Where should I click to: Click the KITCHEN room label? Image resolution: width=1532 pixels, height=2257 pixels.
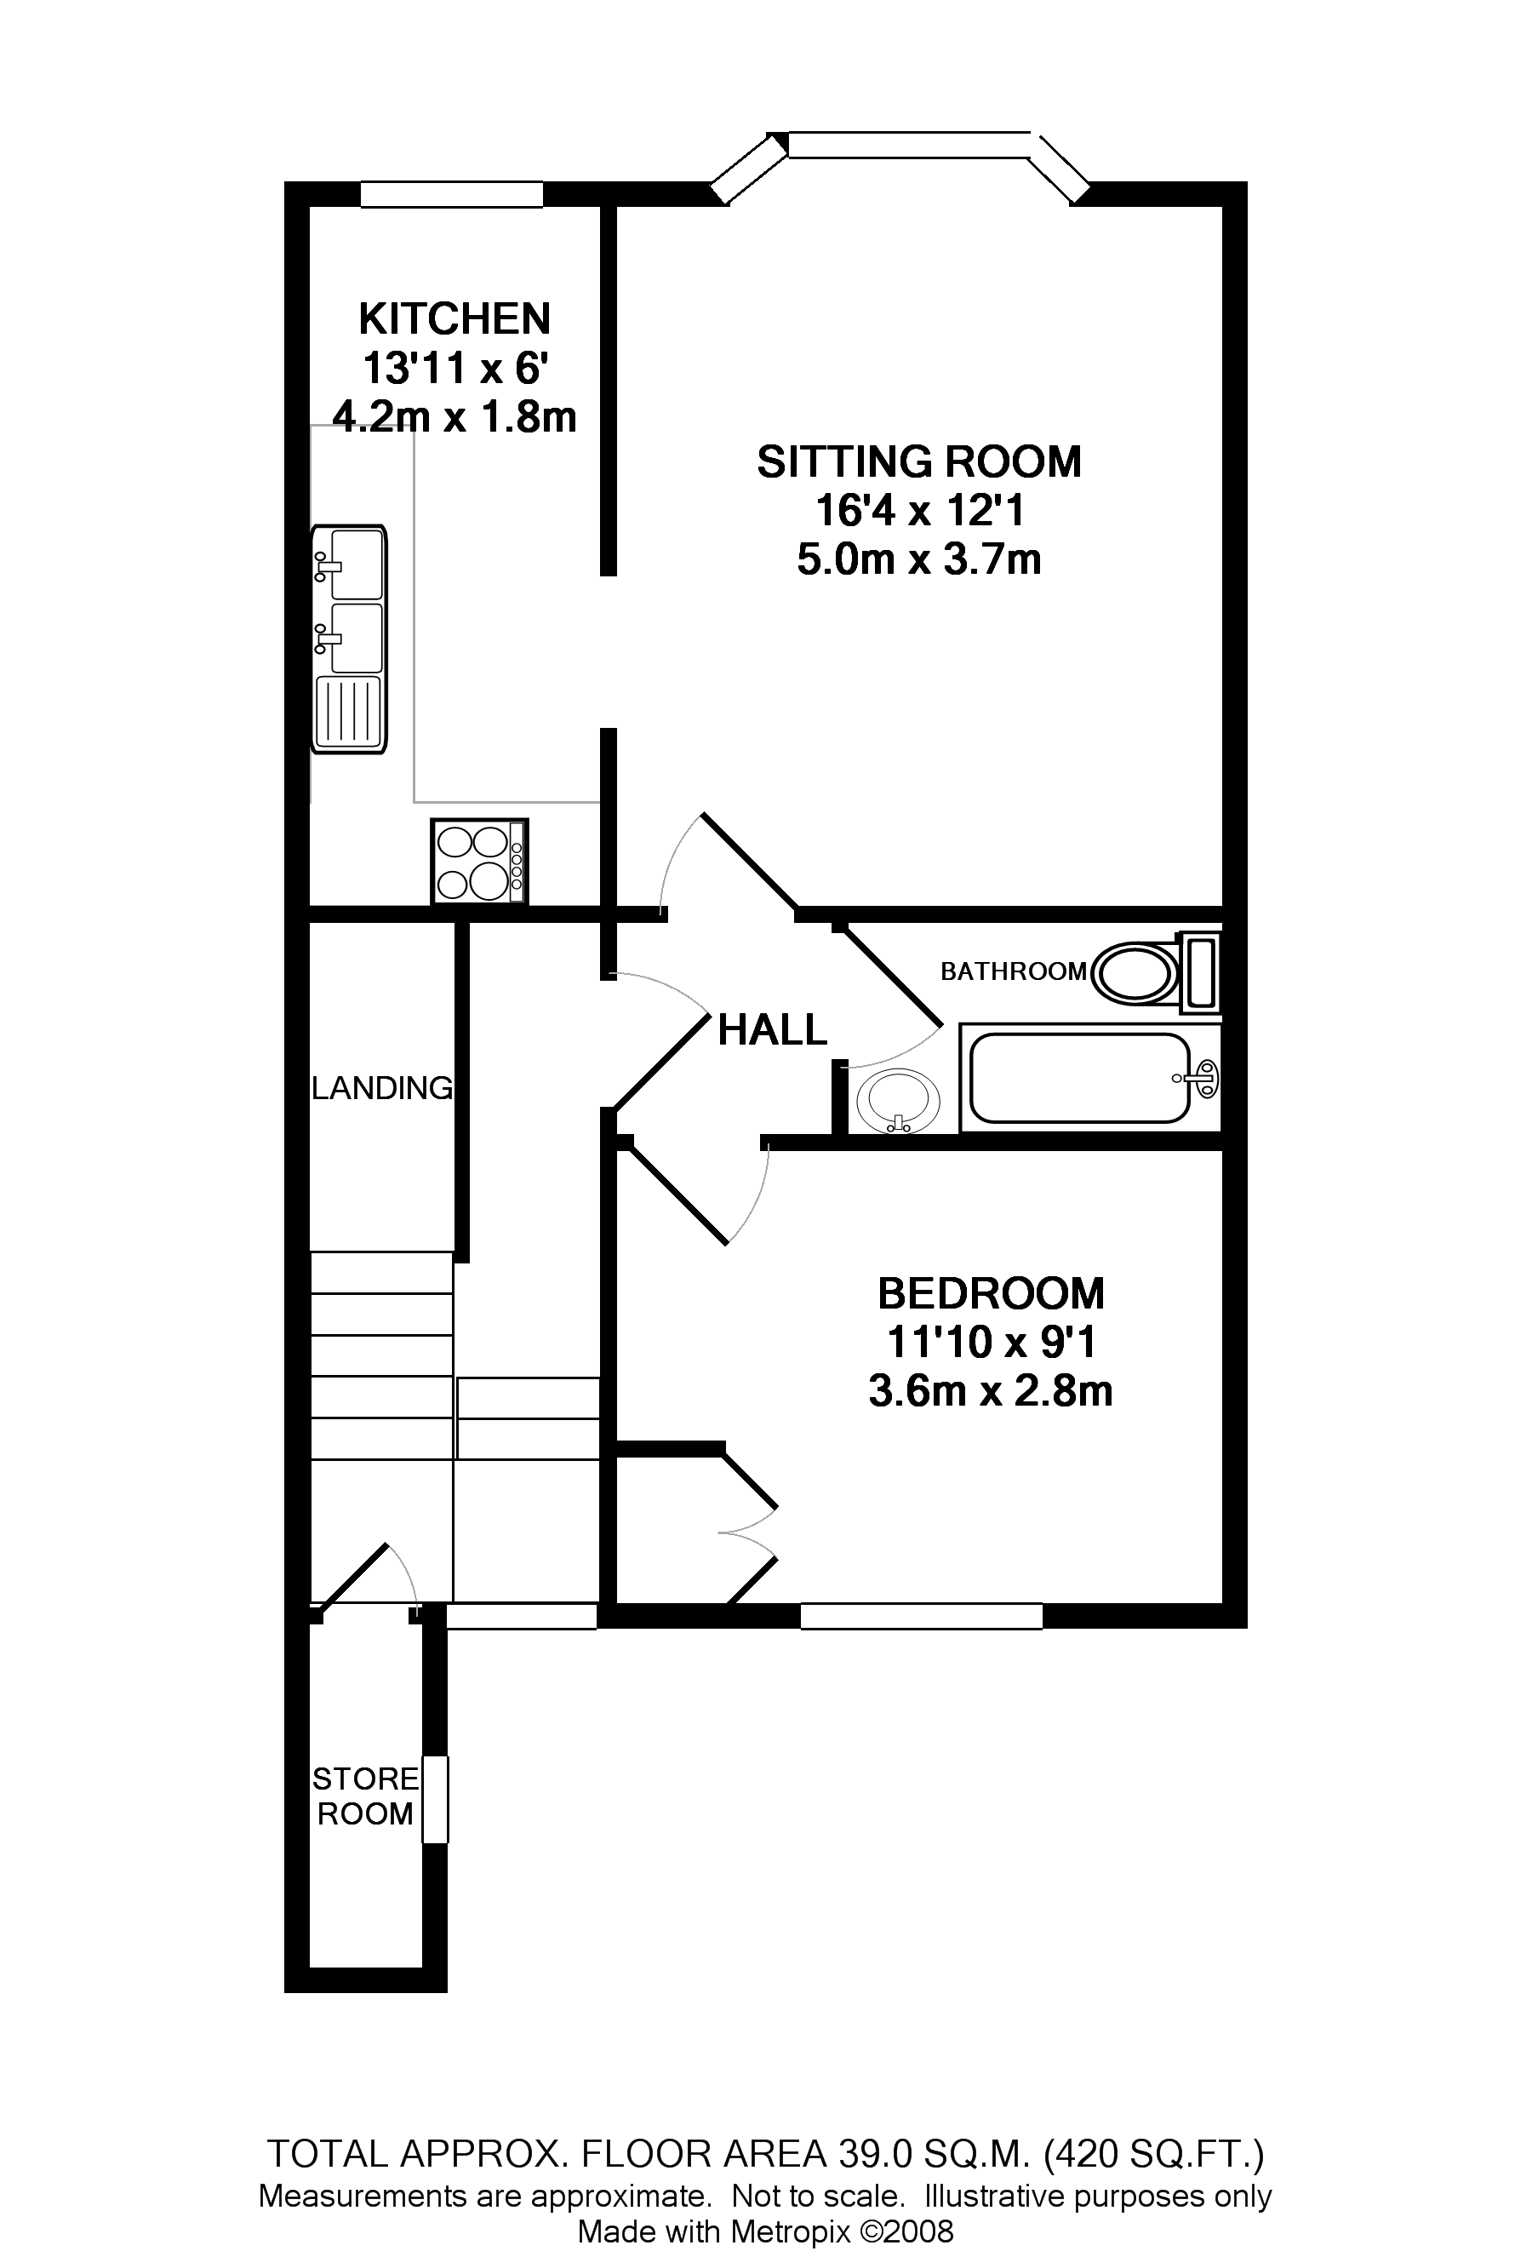[454, 318]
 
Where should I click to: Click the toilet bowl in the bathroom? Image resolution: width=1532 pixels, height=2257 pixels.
[1134, 972]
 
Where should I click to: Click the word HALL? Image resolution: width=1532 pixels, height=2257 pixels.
[772, 1030]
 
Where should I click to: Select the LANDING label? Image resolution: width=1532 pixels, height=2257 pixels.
[381, 1088]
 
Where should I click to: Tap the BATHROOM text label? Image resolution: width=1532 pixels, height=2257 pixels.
[1013, 971]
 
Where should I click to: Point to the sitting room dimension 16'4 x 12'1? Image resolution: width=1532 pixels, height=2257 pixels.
[918, 511]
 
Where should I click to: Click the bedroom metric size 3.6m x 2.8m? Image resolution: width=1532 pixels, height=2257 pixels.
[989, 1392]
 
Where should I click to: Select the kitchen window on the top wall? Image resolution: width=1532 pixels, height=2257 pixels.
[451, 194]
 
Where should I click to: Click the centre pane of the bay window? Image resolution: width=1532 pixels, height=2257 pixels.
[909, 145]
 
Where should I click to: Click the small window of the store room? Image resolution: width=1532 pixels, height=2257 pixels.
[436, 1799]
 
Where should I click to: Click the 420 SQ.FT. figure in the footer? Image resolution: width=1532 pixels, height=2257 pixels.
[1153, 2154]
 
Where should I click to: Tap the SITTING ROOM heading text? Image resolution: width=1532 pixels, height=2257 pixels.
[918, 461]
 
